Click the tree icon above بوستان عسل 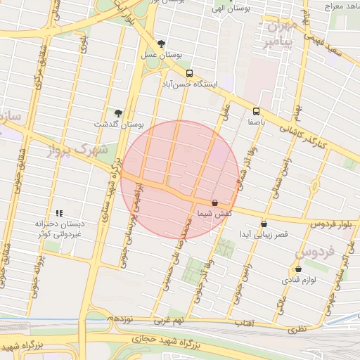(162, 44)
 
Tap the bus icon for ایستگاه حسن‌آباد (189, 73)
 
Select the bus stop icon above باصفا (256, 111)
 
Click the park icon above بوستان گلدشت (118, 113)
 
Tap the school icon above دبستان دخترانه (60, 212)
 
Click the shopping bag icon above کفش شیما (214, 202)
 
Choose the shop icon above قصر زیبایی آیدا (264, 224)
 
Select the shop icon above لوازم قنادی (299, 269)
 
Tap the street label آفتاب (244, 323)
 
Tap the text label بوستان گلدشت (119, 124)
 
